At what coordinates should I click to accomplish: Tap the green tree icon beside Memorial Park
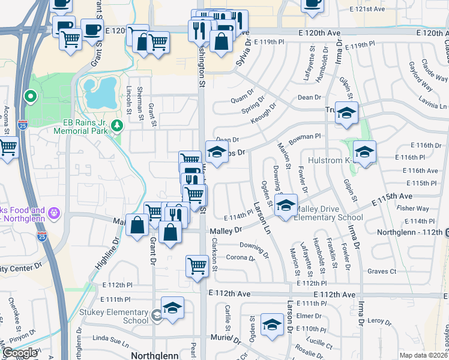click(118, 125)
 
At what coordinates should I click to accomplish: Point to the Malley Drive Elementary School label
click(328, 214)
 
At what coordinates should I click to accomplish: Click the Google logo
click(20, 353)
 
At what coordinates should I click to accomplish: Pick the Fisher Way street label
click(413, 209)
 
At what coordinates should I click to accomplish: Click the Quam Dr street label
click(243, 100)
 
